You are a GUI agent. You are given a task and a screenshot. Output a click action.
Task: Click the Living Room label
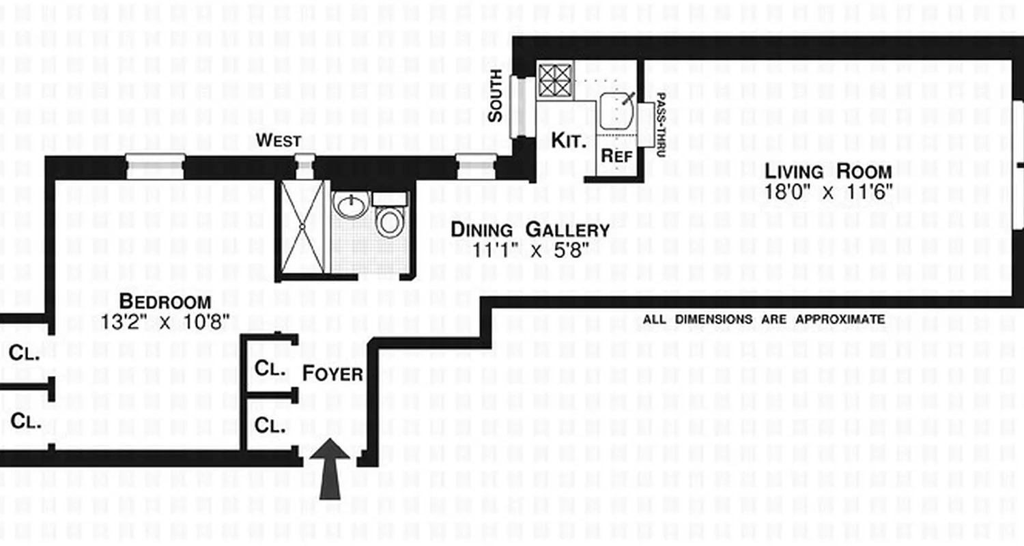pyautogui.click(x=827, y=171)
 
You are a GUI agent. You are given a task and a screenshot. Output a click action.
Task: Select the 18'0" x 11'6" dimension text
pyautogui.click(x=827, y=192)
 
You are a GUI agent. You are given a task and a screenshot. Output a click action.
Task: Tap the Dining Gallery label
pyautogui.click(x=530, y=230)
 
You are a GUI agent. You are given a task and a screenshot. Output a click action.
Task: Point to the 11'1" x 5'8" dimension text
pyautogui.click(x=530, y=250)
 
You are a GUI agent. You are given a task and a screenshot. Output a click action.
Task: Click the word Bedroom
pyautogui.click(x=165, y=301)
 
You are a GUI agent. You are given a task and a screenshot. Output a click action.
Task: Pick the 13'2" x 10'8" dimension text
pyautogui.click(x=165, y=321)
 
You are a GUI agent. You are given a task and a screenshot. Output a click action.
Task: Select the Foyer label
pyautogui.click(x=332, y=373)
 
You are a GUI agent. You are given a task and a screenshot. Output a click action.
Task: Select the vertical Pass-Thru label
pyautogui.click(x=659, y=126)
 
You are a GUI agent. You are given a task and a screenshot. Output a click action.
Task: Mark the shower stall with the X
pyautogui.click(x=302, y=227)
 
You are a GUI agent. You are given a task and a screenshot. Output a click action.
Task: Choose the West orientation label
pyautogui.click(x=278, y=141)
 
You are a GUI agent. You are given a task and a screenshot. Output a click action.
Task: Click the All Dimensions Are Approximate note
pyautogui.click(x=763, y=319)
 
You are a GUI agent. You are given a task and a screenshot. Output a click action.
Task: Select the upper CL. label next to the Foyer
pyautogui.click(x=269, y=368)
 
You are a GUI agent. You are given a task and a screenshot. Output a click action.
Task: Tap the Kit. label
pyautogui.click(x=568, y=142)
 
